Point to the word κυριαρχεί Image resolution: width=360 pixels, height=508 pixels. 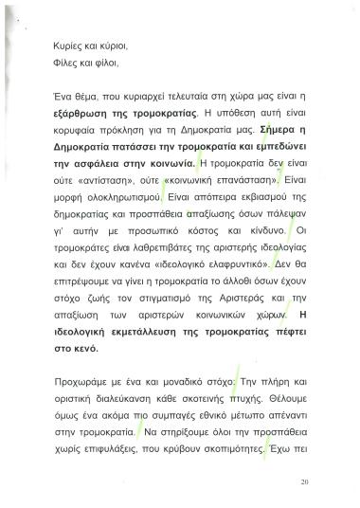162,98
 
